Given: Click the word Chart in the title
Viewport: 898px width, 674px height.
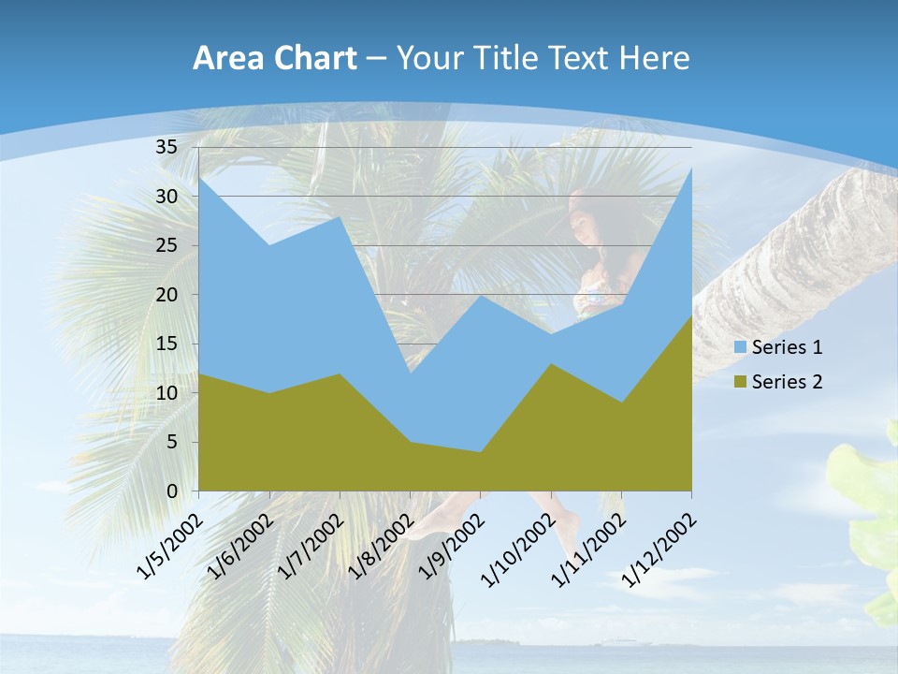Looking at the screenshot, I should [x=314, y=59].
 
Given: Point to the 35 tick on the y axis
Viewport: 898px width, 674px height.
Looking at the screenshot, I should [x=167, y=147].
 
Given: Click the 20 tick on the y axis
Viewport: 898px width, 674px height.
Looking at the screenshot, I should [x=167, y=295].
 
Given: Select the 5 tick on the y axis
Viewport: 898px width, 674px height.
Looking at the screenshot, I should [x=172, y=442].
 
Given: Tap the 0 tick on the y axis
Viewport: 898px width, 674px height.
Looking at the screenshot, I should [x=172, y=491].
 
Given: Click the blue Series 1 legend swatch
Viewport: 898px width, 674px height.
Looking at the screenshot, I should [x=741, y=347].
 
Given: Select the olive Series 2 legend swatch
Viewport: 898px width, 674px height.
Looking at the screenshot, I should [x=741, y=382].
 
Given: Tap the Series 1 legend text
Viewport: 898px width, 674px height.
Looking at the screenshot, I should [x=787, y=347].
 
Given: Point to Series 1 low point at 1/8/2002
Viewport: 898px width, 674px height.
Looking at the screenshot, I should [x=410, y=374].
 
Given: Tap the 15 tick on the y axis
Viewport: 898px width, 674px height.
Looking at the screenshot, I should [x=167, y=344].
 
